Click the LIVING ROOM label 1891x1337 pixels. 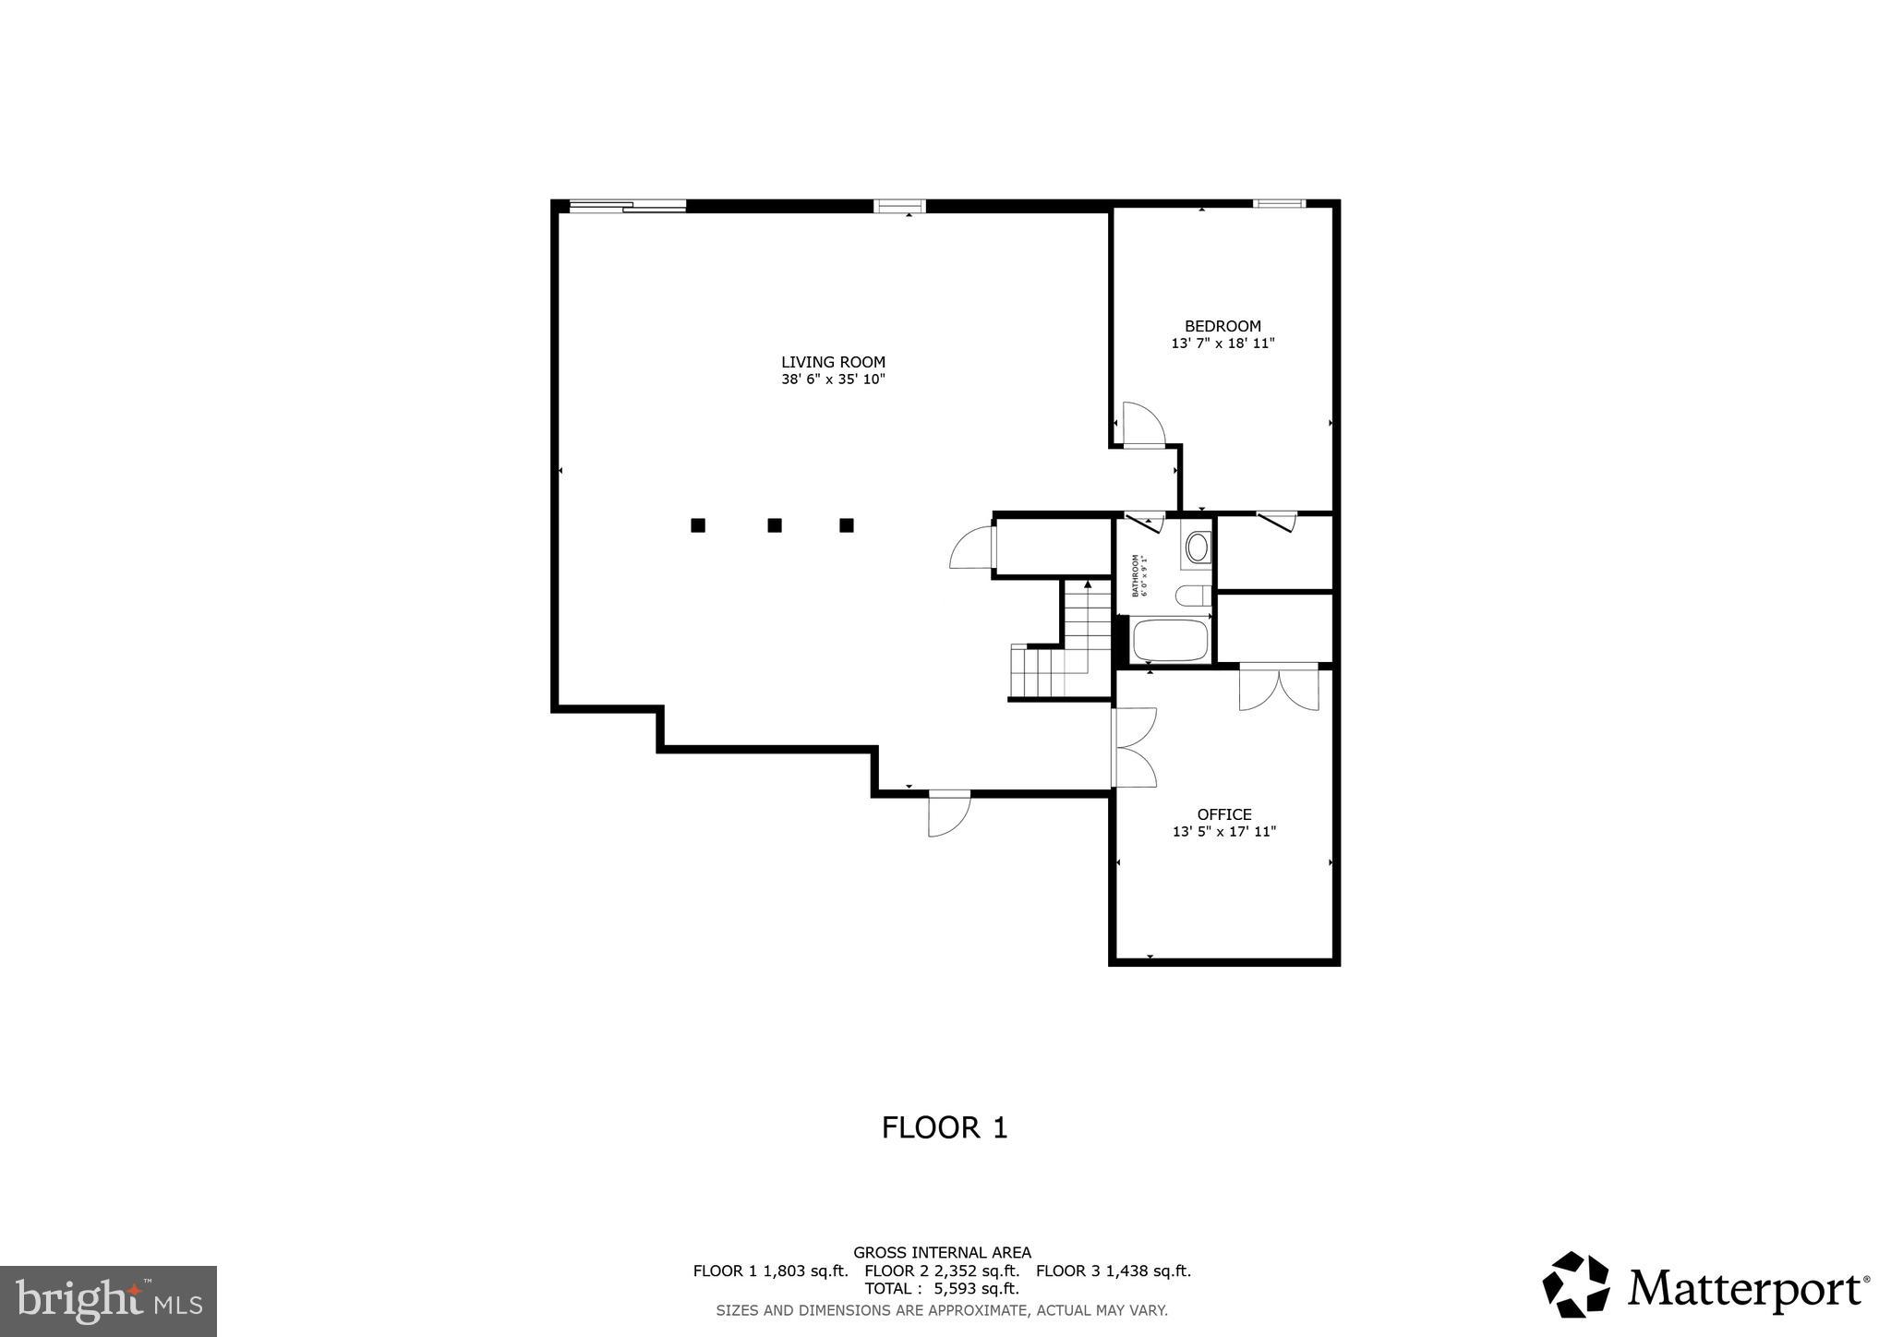833,362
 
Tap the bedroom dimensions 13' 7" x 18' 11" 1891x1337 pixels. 1223,343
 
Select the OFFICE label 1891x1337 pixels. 1224,814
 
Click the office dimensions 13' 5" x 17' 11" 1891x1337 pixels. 1224,832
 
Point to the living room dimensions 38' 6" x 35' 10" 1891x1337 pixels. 833,379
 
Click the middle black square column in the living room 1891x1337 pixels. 775,525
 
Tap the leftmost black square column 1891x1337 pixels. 698,525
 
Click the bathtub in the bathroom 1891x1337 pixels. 1170,640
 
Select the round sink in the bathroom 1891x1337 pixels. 1198,548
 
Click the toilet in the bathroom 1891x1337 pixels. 1193,596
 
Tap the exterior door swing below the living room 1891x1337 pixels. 948,814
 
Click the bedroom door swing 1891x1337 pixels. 1143,424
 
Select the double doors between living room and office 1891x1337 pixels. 1135,747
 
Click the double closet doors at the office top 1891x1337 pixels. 1279,687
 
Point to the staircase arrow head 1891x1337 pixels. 1088,584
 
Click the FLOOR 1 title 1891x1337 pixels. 944,1127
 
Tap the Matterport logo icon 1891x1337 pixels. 1575,1284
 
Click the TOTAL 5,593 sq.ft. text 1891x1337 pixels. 942,1288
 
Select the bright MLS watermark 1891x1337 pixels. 108,1301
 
